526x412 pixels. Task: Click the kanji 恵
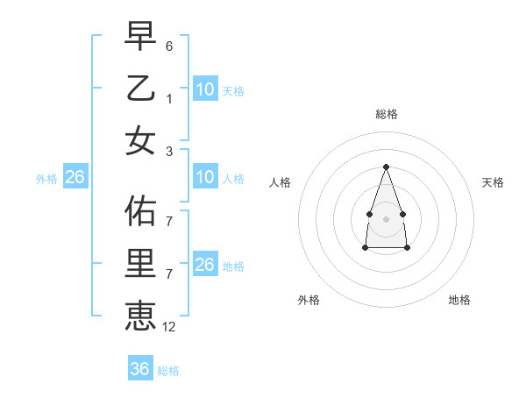pos(141,315)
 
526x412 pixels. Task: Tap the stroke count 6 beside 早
pos(169,46)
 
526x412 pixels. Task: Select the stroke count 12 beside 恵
pos(169,326)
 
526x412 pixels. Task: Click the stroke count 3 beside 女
pos(169,151)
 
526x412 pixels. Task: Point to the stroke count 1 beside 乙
pos(169,98)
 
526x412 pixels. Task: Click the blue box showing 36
pos(140,369)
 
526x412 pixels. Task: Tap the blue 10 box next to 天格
pos(205,89)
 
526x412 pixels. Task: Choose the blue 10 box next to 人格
pos(205,177)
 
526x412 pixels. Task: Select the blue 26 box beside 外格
pos(75,177)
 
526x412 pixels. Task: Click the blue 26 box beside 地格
pos(205,265)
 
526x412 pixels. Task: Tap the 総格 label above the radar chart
pos(386,115)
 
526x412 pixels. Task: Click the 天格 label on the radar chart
pos(493,182)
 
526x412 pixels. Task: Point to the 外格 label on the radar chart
pos(309,300)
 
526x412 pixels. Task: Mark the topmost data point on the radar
pos(386,167)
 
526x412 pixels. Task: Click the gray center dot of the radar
pos(386,218)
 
